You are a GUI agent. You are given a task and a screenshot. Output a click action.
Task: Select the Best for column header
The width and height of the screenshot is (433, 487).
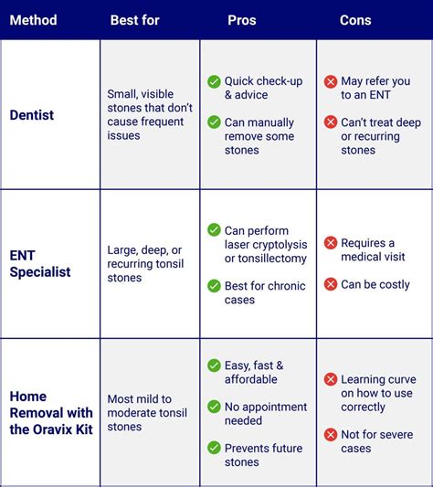134,19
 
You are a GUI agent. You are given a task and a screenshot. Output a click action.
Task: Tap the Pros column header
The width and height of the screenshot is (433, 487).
242,19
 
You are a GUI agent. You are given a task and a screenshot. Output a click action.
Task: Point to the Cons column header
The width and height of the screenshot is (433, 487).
355,19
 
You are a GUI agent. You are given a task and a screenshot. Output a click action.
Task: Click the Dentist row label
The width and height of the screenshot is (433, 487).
33,114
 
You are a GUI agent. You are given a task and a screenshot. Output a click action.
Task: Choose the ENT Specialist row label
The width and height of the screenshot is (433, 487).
40,264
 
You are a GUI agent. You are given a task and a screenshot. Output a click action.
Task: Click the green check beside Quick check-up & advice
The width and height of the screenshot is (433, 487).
214,81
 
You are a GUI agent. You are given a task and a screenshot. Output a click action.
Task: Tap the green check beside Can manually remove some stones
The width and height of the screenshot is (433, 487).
214,122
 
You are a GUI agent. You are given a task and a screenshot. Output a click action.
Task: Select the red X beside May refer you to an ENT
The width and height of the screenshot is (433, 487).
331,81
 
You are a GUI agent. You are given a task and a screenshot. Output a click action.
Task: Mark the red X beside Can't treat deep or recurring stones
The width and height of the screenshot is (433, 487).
331,122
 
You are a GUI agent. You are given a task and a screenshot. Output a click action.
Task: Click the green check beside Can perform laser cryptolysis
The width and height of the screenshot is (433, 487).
214,230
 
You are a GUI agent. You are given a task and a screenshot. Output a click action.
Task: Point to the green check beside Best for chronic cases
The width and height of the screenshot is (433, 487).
214,286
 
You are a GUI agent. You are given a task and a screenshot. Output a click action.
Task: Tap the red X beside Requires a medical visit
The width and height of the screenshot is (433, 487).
331,243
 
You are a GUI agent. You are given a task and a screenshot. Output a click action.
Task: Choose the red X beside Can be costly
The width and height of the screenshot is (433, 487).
331,284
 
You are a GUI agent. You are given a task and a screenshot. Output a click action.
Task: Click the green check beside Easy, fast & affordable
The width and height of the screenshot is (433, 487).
214,365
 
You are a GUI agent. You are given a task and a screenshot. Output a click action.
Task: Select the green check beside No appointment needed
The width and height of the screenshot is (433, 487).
214,407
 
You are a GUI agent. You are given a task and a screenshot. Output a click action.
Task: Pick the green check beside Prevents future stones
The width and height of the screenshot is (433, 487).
214,448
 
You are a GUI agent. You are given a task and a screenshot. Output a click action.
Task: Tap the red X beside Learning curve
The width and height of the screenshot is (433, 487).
331,379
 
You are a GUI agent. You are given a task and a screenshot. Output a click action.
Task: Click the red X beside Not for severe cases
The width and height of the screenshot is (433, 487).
331,434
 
